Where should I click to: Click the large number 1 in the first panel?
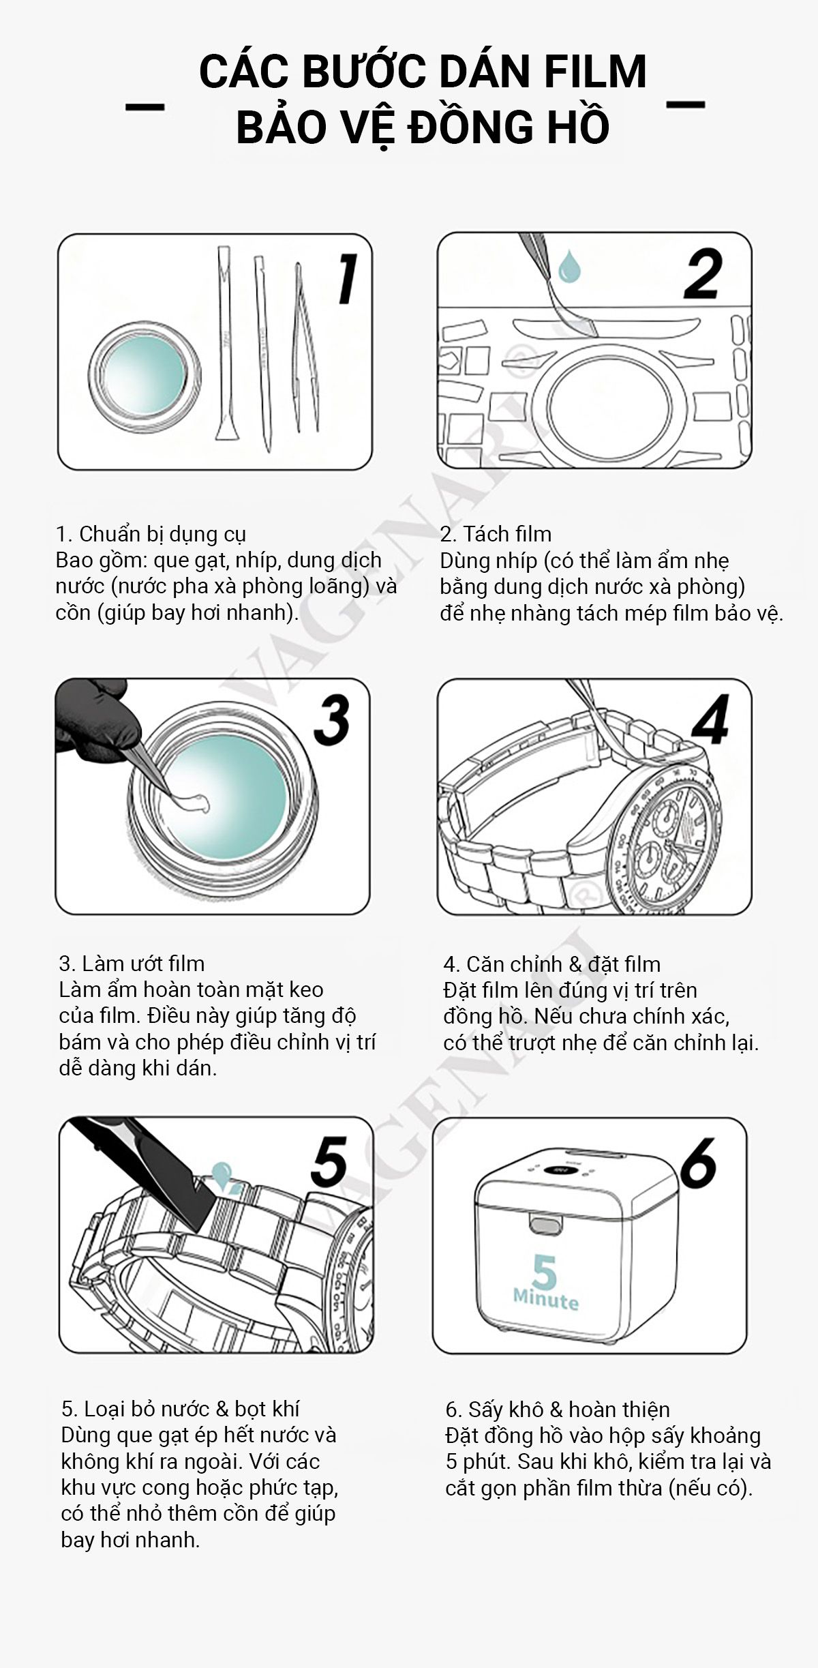348,278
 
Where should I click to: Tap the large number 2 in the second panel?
703,274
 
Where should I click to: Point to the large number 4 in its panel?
711,719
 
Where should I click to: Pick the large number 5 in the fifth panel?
330,1161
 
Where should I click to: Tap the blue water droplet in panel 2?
569,266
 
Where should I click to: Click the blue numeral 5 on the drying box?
544,1271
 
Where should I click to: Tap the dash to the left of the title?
145,106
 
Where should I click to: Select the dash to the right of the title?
685,104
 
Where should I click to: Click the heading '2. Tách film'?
496,533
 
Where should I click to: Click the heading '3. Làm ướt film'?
132,963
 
